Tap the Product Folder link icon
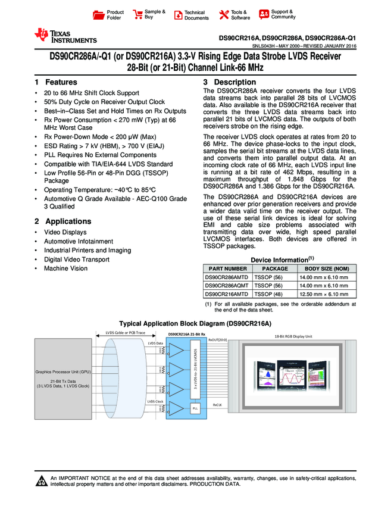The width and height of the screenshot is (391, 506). tap(100, 15)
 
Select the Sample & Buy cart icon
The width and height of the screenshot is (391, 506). tap(137, 15)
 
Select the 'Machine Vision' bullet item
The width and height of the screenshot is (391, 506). tap(65, 268)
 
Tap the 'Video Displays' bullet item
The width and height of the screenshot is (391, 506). tap(65, 232)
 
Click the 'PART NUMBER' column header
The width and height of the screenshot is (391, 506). tap(226, 269)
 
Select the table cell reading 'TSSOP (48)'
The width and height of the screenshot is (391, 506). tap(268, 294)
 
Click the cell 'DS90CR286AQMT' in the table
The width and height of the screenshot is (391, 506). tap(226, 286)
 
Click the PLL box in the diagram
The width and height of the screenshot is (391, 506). tap(195, 408)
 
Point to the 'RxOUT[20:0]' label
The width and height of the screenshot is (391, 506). tap(217, 339)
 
